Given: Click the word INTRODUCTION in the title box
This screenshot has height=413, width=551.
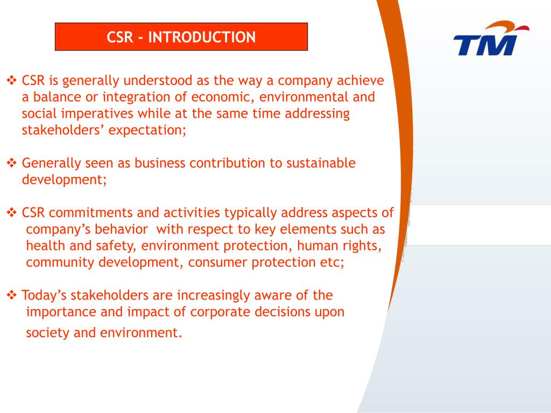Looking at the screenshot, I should (202, 37).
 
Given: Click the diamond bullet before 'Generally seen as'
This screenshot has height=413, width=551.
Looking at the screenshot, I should (12, 163).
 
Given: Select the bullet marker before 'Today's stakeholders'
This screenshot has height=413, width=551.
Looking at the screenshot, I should (12, 295).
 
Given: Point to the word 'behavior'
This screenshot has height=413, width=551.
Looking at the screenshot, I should (122, 229).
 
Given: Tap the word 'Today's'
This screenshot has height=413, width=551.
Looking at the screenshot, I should (45, 295).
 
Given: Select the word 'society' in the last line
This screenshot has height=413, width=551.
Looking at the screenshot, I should (48, 333).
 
